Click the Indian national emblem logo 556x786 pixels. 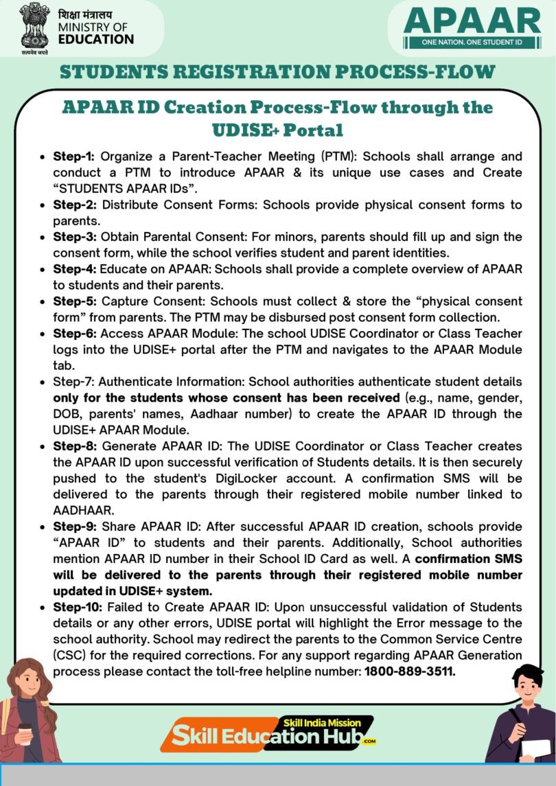(34, 25)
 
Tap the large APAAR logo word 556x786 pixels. (472, 21)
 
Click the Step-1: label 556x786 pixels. (76, 157)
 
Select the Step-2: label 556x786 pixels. (76, 205)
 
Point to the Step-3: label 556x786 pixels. (76, 237)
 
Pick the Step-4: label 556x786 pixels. (76, 269)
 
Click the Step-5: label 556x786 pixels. (76, 301)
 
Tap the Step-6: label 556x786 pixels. (76, 334)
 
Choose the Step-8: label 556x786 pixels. (76, 446)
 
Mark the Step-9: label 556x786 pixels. (76, 527)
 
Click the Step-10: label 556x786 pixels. (79, 607)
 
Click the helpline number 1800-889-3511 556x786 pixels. (410, 671)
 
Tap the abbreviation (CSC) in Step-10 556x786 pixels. (72, 656)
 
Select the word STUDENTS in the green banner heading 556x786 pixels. (117, 71)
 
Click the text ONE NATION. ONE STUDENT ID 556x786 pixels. (472, 43)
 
